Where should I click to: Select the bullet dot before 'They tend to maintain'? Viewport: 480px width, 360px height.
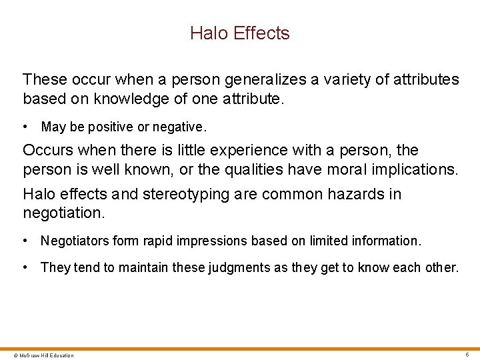[25, 268]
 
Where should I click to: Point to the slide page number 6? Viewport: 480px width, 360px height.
[467, 354]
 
